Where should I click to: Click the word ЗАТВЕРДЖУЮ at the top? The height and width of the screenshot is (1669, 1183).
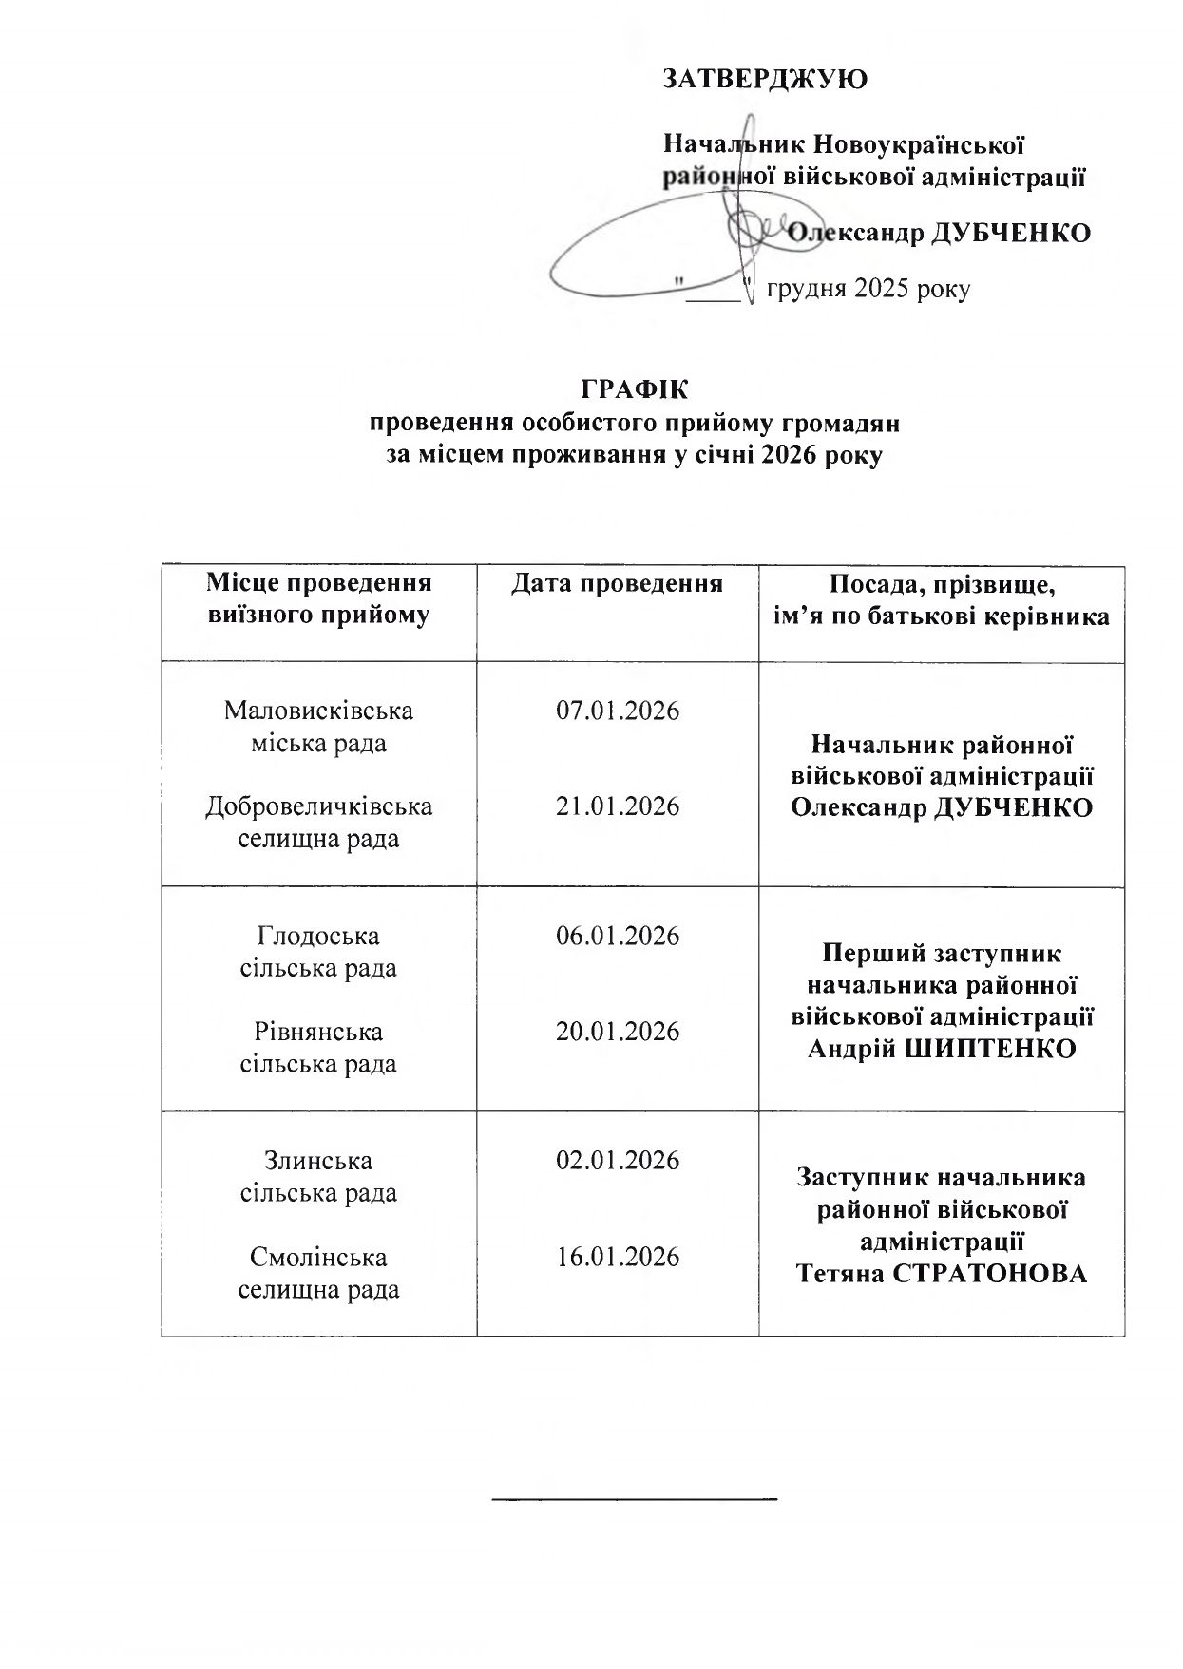[765, 79]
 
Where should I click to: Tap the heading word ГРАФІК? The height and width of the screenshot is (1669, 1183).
[634, 390]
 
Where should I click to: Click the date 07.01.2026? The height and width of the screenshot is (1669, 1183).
[618, 711]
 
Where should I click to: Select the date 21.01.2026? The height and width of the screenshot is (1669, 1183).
[618, 806]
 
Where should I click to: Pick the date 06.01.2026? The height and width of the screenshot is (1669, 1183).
[618, 936]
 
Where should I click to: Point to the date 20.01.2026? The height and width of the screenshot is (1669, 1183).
[618, 1032]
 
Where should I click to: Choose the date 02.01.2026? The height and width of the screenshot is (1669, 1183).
[618, 1161]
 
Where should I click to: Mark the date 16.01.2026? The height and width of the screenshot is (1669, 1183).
[618, 1257]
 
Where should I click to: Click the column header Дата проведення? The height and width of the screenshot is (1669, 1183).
[618, 583]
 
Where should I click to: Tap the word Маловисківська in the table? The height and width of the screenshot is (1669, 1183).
[318, 711]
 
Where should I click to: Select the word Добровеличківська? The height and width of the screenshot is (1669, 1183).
[318, 806]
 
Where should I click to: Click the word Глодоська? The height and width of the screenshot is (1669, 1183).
[318, 936]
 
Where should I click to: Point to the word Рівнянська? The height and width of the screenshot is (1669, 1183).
[318, 1032]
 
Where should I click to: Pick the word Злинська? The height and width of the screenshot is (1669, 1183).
[318, 1161]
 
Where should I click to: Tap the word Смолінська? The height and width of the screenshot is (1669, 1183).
[318, 1257]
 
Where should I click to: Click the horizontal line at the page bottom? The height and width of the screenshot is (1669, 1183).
[635, 1499]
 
